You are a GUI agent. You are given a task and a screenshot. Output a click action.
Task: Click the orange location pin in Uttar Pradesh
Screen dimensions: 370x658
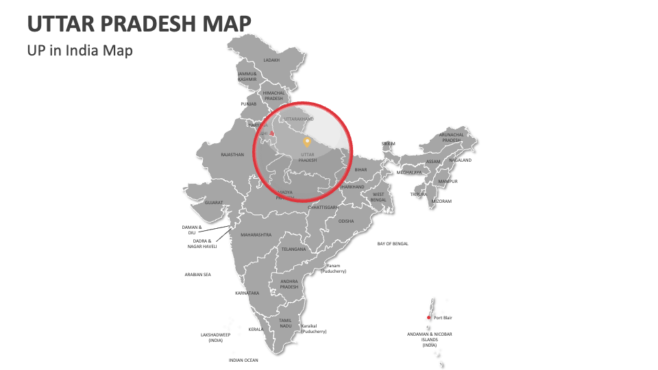307,142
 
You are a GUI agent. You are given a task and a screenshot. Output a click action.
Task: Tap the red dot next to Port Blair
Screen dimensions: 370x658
429,317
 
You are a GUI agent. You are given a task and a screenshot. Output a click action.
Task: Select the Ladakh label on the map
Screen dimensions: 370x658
271,60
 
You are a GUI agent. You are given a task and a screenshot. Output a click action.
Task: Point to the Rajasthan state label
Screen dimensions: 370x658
232,155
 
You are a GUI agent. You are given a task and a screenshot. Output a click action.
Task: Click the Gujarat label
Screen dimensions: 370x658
214,203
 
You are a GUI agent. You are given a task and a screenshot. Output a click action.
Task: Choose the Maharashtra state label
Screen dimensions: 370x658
256,235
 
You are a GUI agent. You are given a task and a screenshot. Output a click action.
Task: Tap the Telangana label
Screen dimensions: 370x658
293,249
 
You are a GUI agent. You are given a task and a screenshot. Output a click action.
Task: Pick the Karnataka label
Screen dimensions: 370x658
247,293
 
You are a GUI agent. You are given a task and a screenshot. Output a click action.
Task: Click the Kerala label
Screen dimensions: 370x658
256,329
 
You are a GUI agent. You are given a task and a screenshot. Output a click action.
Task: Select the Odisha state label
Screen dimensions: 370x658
346,221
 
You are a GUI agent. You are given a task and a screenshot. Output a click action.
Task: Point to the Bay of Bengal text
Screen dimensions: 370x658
393,244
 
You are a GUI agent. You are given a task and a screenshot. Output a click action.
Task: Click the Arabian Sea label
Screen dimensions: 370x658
197,275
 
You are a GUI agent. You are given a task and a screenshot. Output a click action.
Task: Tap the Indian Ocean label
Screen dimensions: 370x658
243,360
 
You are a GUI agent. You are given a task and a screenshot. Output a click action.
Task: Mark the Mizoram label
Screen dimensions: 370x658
441,201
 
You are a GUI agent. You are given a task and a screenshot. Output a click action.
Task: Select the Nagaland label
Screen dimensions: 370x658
460,160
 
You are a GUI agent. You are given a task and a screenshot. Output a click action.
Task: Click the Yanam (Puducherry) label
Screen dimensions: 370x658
333,269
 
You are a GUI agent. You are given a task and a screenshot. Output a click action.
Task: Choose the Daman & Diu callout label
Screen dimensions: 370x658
192,230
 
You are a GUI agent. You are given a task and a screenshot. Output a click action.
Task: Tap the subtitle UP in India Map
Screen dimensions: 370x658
80,50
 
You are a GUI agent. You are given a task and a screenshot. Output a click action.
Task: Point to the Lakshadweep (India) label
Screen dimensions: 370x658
215,337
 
